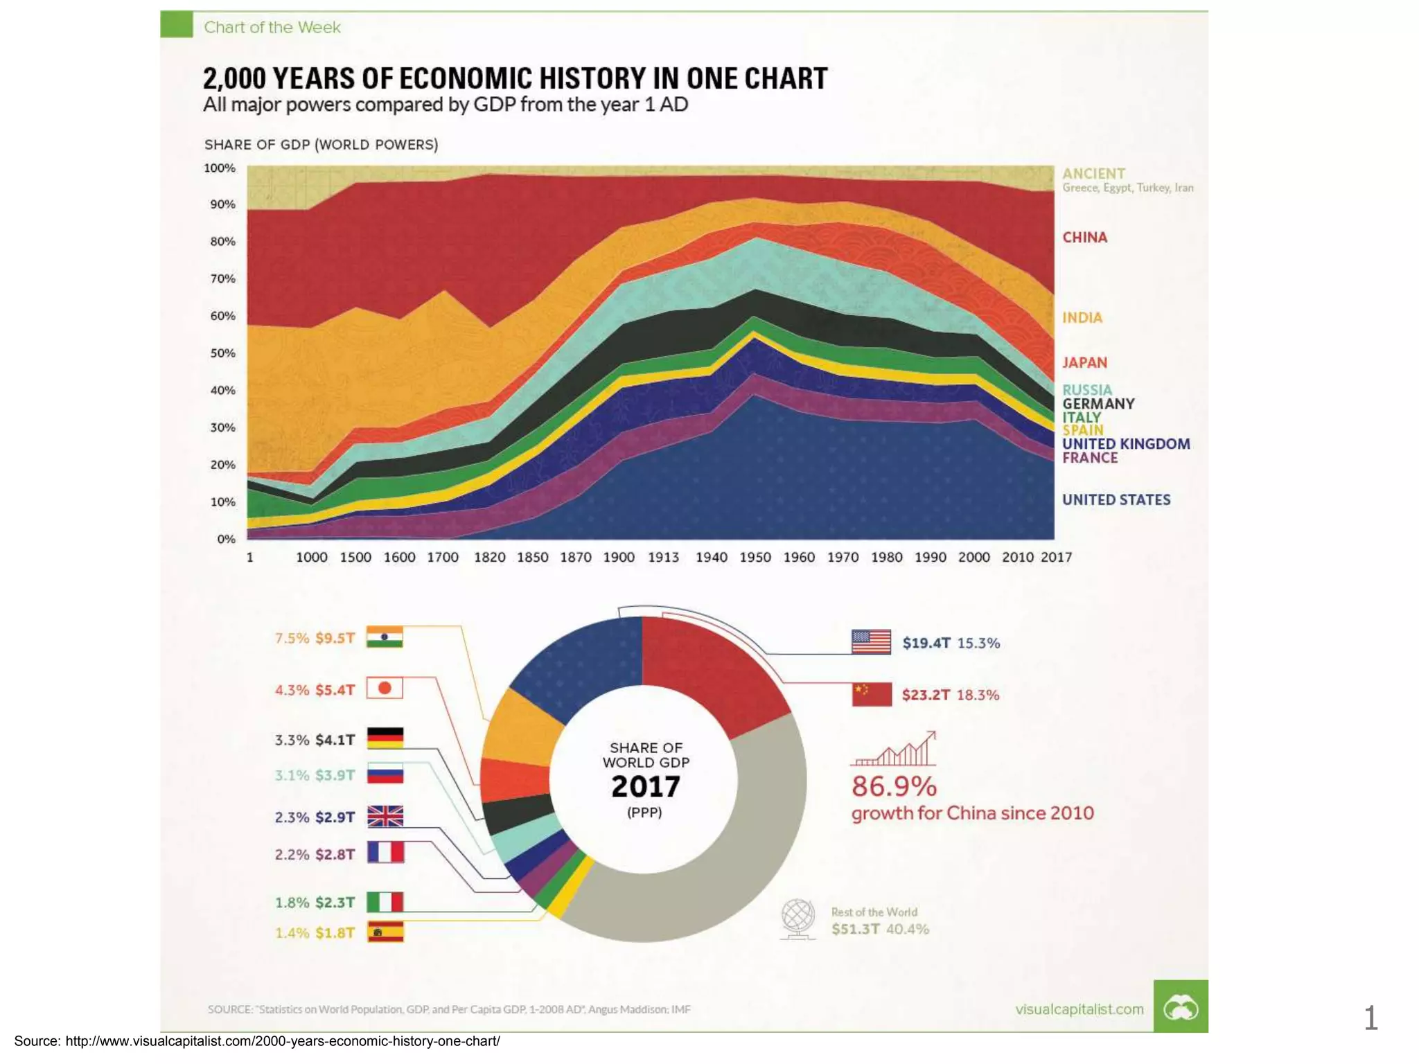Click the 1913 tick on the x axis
click(663, 558)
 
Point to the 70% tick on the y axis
click(222, 278)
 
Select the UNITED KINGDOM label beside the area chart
click(1126, 444)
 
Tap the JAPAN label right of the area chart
click(1084, 363)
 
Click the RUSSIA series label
click(1086, 390)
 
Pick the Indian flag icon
click(385, 637)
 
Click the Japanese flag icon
click(385, 689)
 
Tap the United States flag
click(871, 642)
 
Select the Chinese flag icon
click(872, 694)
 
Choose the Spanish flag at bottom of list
click(385, 932)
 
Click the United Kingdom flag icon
click(385, 817)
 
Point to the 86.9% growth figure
click(894, 787)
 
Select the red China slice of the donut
click(714, 672)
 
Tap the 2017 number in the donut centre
click(646, 787)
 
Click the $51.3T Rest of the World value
click(856, 930)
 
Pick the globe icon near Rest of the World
click(797, 919)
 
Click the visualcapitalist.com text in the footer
click(1079, 1009)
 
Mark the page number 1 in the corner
click(1370, 1018)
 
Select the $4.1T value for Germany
click(335, 740)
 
